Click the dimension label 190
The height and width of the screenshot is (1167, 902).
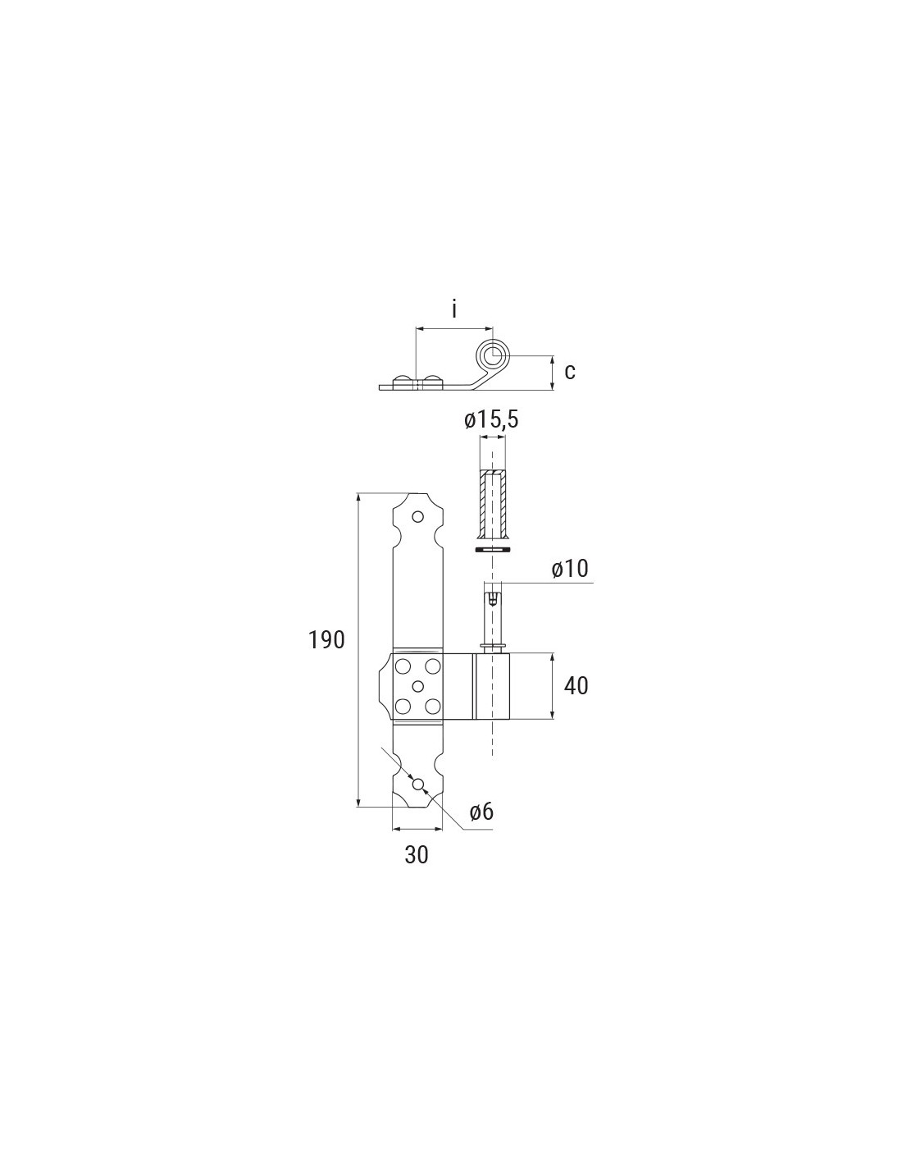326,639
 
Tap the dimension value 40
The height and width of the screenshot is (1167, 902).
576,685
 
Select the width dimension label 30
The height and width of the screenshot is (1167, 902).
417,854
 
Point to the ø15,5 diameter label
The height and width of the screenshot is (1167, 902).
491,420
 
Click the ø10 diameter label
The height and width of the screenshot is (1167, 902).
569,568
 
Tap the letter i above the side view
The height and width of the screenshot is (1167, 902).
454,310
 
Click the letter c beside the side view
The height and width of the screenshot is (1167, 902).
570,371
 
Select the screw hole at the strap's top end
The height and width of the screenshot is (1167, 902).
417,517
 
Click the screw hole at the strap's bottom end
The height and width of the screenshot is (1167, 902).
417,785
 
